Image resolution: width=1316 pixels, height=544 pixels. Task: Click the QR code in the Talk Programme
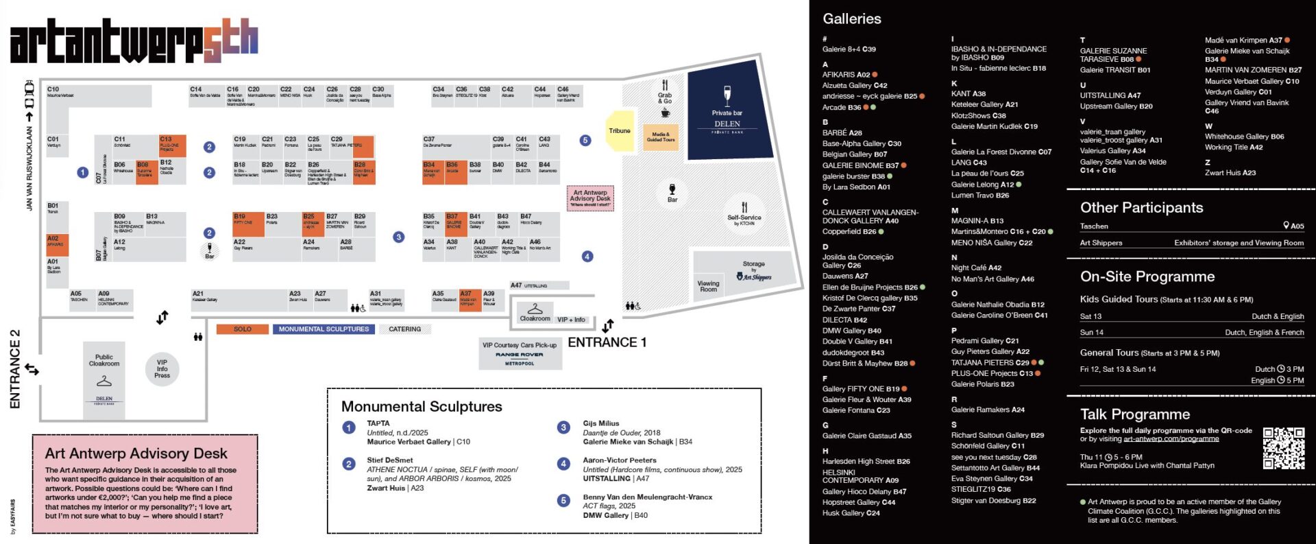1283,448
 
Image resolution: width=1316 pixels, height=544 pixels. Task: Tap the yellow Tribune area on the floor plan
620,130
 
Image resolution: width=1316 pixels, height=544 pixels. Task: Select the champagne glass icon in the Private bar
727,96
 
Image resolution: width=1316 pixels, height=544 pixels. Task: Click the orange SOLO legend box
243,329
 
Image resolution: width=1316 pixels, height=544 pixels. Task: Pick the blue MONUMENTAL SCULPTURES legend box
324,329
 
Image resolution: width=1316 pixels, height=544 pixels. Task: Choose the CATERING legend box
405,329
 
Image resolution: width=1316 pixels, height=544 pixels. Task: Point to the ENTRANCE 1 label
607,342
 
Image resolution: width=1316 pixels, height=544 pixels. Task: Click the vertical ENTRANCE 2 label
15,369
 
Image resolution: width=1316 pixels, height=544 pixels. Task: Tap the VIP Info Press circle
162,369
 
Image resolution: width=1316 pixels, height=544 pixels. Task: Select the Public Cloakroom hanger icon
104,380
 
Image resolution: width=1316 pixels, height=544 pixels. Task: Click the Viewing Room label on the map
708,285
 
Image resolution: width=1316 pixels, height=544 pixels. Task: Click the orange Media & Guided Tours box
661,137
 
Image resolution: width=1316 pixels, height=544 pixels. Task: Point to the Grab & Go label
665,97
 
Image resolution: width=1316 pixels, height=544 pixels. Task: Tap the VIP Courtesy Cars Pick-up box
520,353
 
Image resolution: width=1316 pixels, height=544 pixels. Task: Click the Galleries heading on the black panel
852,19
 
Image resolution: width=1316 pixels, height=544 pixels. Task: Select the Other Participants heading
1141,208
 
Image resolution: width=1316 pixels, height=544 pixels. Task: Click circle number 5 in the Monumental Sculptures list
563,501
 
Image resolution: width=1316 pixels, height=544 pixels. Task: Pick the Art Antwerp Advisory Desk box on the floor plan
590,198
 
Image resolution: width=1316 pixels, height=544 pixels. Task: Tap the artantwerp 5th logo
134,41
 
